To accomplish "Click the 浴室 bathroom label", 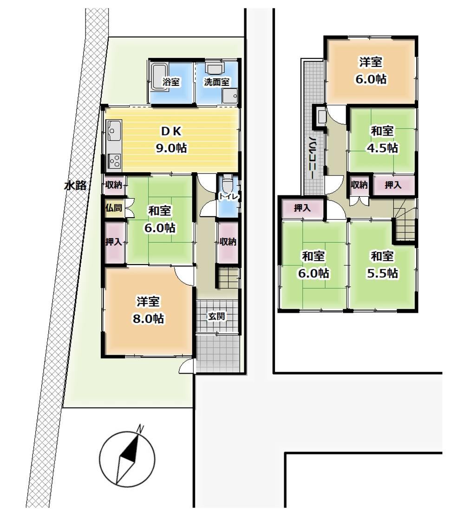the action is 171,82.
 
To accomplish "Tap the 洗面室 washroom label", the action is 216,82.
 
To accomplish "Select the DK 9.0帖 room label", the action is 171,139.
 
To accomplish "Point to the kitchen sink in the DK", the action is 114,131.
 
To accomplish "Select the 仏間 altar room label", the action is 113,207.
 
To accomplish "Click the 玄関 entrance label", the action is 216,316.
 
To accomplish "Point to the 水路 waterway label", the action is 75,185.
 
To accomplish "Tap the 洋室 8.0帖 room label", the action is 148,310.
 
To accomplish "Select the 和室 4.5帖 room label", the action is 382,139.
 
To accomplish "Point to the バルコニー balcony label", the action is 313,157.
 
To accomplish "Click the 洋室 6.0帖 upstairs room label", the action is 371,70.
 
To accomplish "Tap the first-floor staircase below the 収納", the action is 228,276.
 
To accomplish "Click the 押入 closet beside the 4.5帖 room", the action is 393,184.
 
